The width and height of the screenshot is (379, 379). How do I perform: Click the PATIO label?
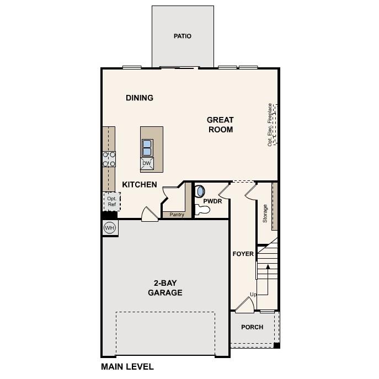point(182,36)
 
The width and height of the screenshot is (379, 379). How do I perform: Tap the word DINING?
point(139,98)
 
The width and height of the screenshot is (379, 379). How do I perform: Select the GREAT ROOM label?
point(220,125)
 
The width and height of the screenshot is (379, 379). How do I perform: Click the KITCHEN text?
point(140,185)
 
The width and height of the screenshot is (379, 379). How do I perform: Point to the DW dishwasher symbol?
point(147,163)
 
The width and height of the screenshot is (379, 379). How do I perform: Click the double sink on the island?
point(147,147)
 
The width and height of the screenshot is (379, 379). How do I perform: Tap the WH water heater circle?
point(109,228)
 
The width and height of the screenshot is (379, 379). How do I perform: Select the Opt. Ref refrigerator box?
point(111,201)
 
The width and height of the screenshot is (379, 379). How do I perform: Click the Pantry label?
point(177,214)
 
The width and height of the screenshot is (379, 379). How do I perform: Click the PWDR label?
point(212,202)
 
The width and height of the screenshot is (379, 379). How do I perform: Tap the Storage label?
point(265,213)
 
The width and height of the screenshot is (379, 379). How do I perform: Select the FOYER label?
point(243,254)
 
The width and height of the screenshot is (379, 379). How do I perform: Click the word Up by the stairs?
point(253,295)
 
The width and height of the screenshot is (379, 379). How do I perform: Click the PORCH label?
point(252,327)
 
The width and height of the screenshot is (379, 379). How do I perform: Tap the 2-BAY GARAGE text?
point(165,288)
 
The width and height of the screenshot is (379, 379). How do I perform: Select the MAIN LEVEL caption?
point(127,366)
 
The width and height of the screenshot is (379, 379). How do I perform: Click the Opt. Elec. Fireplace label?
point(270,125)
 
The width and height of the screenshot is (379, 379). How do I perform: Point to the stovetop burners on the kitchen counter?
point(109,159)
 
